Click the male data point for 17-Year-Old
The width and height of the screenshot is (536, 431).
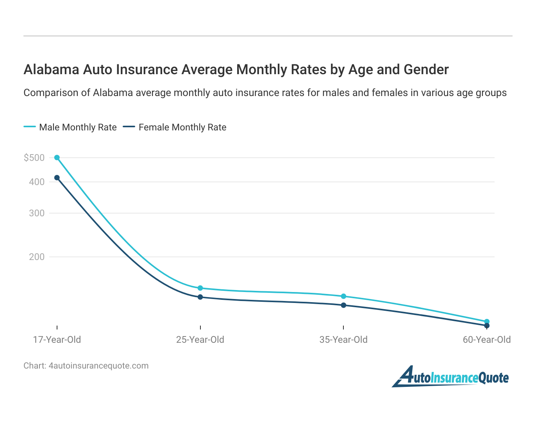pyautogui.click(x=57, y=158)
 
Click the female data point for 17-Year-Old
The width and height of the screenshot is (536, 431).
pyautogui.click(x=57, y=178)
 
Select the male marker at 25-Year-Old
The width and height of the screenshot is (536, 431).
pyautogui.click(x=200, y=288)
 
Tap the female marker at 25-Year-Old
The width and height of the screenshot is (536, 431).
pyautogui.click(x=200, y=297)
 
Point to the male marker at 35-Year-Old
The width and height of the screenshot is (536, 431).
pyautogui.click(x=343, y=296)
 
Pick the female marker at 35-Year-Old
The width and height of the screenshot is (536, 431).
pyautogui.click(x=343, y=305)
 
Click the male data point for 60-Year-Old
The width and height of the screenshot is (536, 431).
pyautogui.click(x=487, y=322)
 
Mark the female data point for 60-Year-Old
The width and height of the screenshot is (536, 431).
pyautogui.click(x=487, y=326)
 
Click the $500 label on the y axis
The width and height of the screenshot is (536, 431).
pyautogui.click(x=34, y=158)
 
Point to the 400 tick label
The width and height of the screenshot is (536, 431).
pyautogui.click(x=37, y=182)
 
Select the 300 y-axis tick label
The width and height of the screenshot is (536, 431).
pyautogui.click(x=37, y=213)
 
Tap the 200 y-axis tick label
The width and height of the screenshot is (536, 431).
pyautogui.click(x=37, y=257)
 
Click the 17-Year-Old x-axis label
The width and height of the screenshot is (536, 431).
pyautogui.click(x=57, y=340)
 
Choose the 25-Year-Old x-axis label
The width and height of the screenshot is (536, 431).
pyautogui.click(x=200, y=340)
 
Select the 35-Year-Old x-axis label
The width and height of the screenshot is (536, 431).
pyautogui.click(x=343, y=340)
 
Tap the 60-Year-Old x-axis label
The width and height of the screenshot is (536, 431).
pyautogui.click(x=487, y=340)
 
